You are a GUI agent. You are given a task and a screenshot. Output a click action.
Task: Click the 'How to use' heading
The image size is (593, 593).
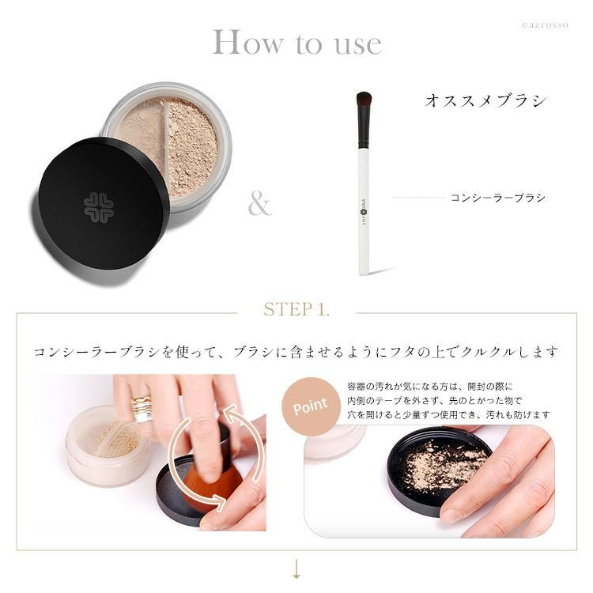(296, 42)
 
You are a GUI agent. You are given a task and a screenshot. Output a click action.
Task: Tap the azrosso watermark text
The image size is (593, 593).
(544, 25)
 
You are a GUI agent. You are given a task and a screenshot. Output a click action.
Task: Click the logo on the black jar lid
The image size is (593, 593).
(98, 207)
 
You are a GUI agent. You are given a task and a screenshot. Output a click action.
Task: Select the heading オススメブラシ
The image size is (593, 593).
(485, 100)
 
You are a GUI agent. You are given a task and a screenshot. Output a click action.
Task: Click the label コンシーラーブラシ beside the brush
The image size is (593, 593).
(497, 198)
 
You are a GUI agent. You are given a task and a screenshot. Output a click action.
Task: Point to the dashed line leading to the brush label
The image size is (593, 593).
(419, 198)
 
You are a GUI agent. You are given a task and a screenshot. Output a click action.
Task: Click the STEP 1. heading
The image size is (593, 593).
(296, 309)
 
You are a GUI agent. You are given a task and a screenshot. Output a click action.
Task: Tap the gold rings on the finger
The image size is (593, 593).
(142, 409)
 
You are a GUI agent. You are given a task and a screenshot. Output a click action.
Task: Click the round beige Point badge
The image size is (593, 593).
(311, 406)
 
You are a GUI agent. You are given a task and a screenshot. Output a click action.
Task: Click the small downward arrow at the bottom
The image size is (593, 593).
(296, 568)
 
